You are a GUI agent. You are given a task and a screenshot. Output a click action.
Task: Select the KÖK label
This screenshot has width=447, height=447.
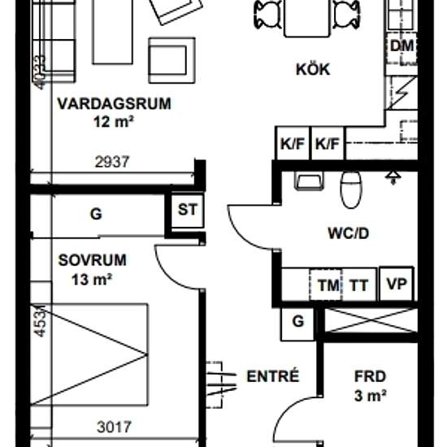tap(313, 70)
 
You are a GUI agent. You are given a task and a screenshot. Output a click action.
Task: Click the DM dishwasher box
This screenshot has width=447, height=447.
tap(401, 46)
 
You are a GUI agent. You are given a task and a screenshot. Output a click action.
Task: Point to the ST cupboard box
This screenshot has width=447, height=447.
tap(187, 210)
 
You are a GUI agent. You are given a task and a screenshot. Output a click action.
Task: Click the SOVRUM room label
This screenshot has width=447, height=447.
tap(93, 261)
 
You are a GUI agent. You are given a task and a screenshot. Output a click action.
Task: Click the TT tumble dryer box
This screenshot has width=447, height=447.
tap(359, 285)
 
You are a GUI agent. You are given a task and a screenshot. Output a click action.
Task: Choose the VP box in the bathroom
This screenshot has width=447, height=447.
tap(396, 285)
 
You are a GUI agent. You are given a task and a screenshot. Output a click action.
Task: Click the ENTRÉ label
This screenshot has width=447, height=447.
tap(272, 376)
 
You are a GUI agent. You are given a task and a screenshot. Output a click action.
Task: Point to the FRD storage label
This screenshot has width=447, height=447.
tap(369, 377)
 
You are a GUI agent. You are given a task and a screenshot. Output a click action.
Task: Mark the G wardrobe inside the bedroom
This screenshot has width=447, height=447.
tap(96, 215)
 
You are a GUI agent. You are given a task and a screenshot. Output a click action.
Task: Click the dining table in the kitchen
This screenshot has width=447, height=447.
tap(307, 16)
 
